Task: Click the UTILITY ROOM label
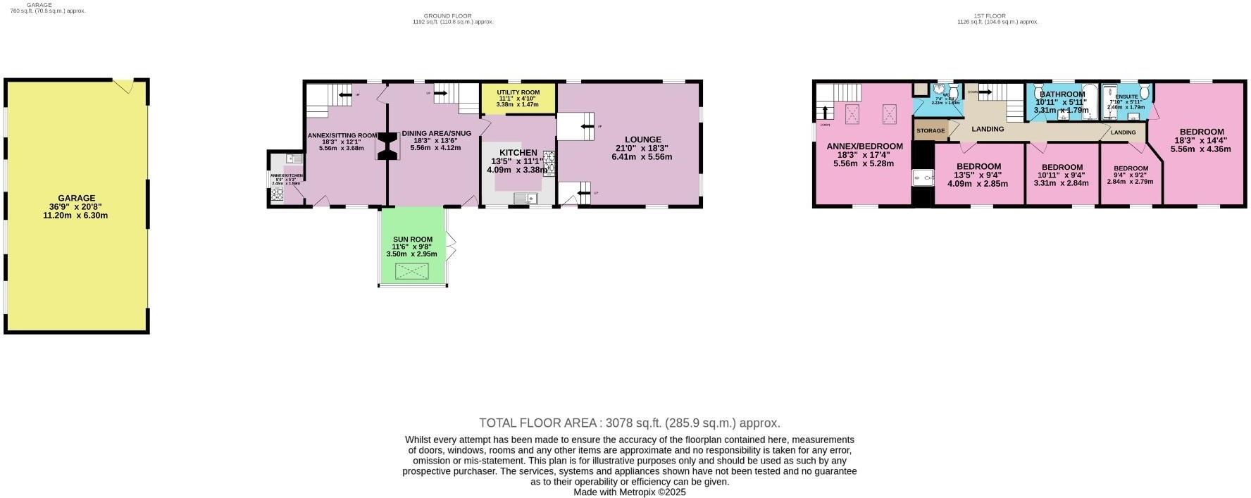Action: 518,92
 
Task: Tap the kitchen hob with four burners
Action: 549,163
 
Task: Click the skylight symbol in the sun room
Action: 412,271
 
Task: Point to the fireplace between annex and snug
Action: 387,147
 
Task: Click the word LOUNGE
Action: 642,139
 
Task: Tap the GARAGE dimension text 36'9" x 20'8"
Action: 76,207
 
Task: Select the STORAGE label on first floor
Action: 931,131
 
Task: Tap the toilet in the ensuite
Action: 1144,92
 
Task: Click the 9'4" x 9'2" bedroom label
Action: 1130,168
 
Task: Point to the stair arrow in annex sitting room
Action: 344,94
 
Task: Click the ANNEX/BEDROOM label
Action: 864,147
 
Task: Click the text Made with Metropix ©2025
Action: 629,492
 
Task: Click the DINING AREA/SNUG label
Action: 436,133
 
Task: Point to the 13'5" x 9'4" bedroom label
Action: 978,167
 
